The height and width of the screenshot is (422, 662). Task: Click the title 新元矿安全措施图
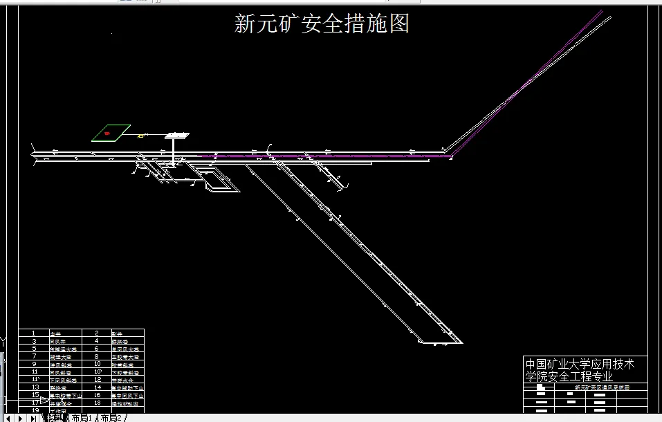[322, 24]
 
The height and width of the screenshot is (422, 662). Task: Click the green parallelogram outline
[111, 132]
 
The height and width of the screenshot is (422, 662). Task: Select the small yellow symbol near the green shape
[141, 136]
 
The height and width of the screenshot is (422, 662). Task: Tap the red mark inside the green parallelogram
[107, 133]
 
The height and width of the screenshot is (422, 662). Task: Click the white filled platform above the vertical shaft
[177, 135]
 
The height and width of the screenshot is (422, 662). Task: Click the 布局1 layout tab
[82, 418]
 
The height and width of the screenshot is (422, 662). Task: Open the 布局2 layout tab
[111, 418]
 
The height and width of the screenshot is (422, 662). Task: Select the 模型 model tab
[55, 418]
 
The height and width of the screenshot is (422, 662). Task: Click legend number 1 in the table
[33, 333]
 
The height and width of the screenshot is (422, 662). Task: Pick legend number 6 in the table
[98, 349]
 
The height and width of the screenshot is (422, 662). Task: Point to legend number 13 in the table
[34, 387]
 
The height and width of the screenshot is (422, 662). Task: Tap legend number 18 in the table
[98, 403]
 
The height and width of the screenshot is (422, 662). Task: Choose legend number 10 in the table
[98, 364]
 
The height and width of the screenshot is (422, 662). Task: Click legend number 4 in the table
[97, 341]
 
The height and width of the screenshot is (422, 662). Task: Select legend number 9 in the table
[33, 364]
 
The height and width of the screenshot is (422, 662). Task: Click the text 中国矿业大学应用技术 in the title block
[580, 364]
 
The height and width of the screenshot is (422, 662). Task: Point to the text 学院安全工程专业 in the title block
[569, 376]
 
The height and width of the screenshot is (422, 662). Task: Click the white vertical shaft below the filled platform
[174, 151]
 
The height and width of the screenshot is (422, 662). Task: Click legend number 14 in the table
[98, 387]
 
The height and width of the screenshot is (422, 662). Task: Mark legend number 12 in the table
[98, 380]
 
